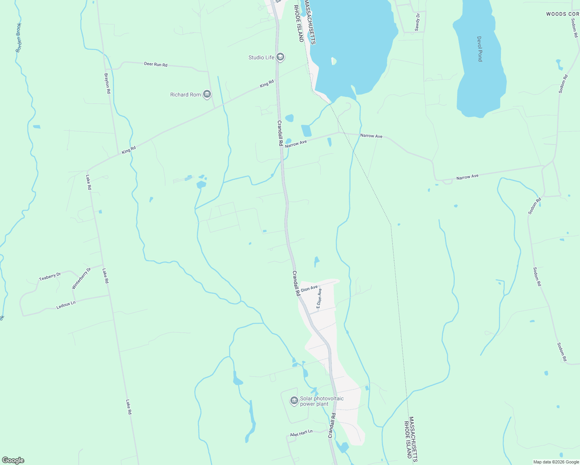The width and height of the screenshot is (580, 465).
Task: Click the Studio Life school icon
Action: (281, 57)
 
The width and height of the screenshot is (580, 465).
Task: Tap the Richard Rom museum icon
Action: (207, 95)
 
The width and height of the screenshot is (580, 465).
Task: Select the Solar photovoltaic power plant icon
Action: (294, 400)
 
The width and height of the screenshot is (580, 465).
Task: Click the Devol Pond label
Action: (480, 49)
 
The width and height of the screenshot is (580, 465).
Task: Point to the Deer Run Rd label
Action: (155, 64)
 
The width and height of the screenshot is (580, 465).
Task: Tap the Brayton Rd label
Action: (108, 83)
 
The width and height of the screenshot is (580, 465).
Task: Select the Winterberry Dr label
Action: (81, 278)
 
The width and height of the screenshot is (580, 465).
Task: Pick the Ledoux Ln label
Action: (66, 305)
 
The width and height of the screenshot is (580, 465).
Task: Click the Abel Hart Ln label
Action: (301, 433)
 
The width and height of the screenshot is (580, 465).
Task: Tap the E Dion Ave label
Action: (319, 298)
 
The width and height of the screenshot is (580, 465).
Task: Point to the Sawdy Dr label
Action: (417, 22)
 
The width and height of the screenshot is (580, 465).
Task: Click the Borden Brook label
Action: (19, 38)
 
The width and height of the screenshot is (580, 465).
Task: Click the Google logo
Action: (13, 460)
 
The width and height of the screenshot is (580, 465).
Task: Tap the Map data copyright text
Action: (556, 462)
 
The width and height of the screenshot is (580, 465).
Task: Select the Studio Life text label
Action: (261, 57)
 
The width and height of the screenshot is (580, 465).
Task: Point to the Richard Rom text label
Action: (185, 95)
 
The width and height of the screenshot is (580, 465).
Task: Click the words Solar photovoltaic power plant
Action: (321, 401)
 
